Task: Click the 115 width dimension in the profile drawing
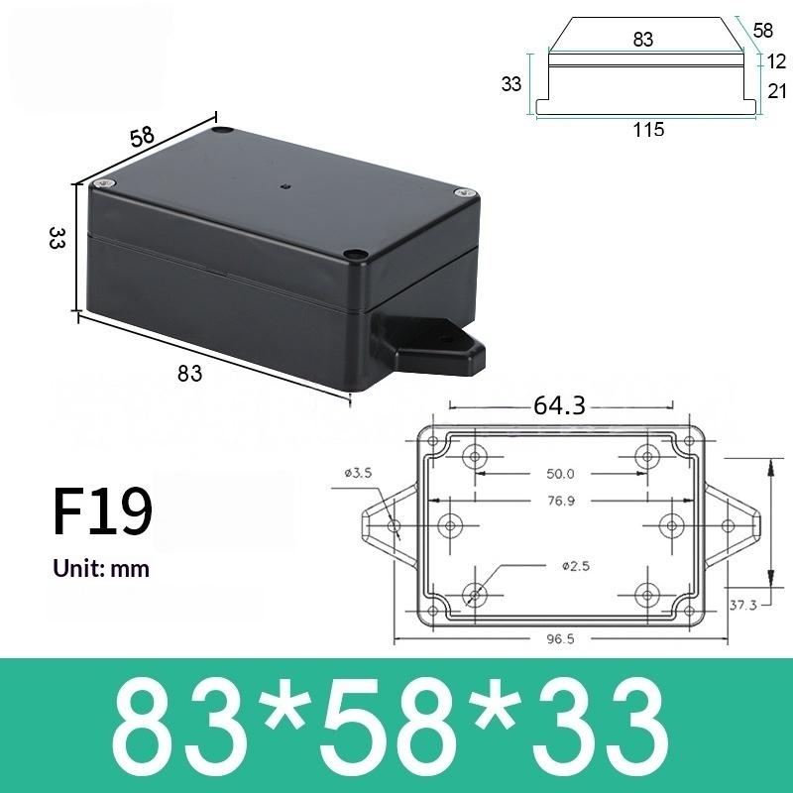pos(649,129)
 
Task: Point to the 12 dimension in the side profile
pos(776,61)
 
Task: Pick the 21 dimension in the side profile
pos(776,91)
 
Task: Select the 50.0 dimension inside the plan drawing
pos(561,474)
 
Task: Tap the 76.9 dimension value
pos(561,501)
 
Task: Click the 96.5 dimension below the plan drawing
pos(560,638)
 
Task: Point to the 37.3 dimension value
pos(743,604)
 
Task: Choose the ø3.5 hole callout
pos(359,473)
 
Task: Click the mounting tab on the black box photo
pos(426,348)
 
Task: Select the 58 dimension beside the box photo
pos(143,137)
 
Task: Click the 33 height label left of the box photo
pos(57,238)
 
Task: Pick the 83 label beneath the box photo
pos(189,374)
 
